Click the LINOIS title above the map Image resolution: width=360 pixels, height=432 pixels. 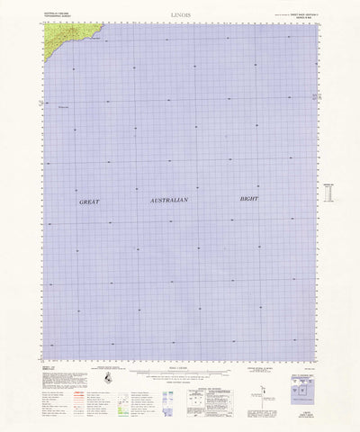click(x=181, y=15)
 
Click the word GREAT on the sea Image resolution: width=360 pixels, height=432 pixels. click(x=94, y=203)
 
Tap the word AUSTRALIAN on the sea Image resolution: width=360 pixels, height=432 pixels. click(x=168, y=201)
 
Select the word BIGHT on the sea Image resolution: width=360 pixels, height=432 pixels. click(x=249, y=197)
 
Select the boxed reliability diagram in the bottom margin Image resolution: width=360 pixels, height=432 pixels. click(x=201, y=373)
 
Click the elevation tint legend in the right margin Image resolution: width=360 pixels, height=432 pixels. click(x=327, y=193)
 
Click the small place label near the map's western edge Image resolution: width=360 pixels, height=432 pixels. click(x=62, y=106)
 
